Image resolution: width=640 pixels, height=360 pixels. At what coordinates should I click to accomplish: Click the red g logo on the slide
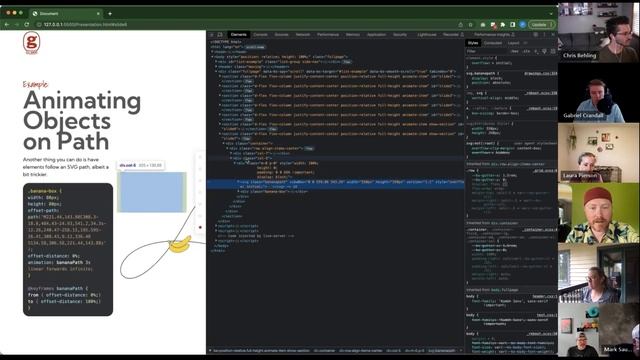(31, 43)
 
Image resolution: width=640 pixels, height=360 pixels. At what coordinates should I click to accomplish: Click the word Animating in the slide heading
(82, 100)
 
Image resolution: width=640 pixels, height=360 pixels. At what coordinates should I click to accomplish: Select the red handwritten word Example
(35, 85)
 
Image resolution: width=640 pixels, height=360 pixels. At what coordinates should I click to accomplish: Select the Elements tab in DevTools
(238, 34)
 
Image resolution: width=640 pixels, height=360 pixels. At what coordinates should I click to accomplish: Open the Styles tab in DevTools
(473, 43)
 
